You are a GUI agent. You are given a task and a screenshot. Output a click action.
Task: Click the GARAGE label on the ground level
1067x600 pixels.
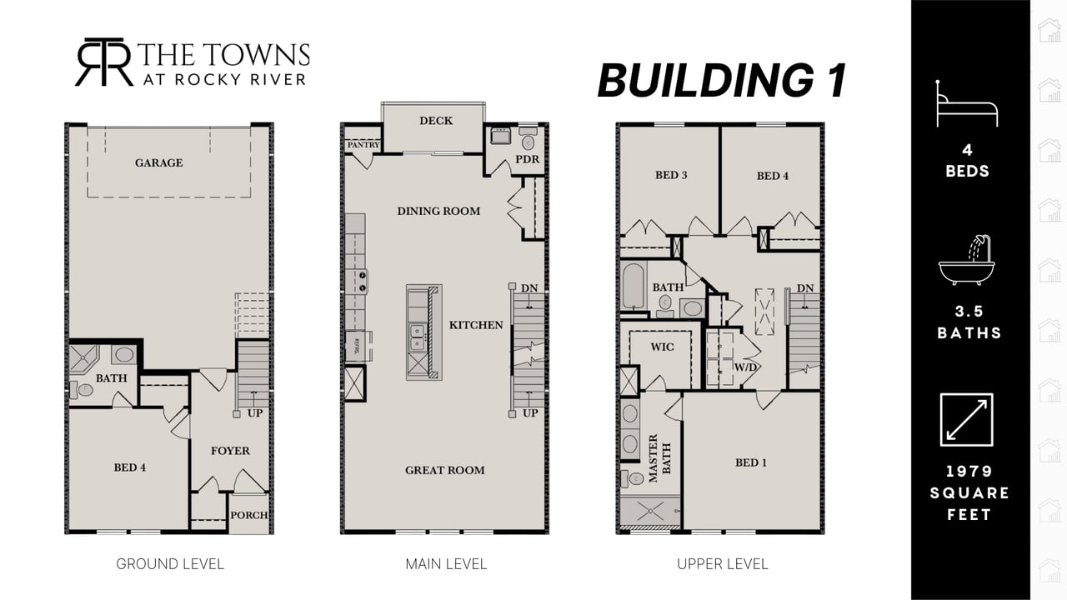(x=158, y=162)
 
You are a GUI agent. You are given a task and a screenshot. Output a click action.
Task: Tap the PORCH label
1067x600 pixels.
(x=248, y=515)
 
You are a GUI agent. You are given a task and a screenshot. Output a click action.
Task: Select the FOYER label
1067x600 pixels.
(x=230, y=451)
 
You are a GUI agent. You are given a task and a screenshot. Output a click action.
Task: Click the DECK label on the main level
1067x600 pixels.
(x=436, y=121)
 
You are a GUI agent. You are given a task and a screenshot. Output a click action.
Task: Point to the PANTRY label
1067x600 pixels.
(x=363, y=145)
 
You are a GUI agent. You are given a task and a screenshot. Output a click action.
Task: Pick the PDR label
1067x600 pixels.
(x=528, y=159)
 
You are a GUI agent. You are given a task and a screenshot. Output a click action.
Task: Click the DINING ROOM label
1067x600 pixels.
(x=438, y=211)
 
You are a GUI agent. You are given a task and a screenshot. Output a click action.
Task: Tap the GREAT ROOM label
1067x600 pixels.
(x=445, y=471)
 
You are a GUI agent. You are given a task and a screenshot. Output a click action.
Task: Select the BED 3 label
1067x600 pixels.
(x=671, y=175)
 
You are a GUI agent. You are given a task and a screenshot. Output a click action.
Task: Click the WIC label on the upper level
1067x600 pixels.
(x=662, y=347)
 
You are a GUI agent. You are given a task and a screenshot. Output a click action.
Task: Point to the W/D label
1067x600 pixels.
(x=745, y=367)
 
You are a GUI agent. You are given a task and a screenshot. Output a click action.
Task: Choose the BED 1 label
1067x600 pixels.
(x=751, y=462)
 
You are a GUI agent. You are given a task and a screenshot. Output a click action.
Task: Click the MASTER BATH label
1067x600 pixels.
(x=659, y=458)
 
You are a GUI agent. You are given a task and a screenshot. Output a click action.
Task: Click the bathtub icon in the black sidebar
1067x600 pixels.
(x=968, y=260)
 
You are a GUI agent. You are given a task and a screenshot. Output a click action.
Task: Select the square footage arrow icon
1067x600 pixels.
(x=966, y=419)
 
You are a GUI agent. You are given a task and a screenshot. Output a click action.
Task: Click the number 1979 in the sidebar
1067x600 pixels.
(x=969, y=472)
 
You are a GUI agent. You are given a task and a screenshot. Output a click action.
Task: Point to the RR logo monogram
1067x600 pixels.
(x=104, y=62)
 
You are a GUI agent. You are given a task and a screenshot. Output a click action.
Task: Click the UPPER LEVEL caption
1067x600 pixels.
(x=723, y=564)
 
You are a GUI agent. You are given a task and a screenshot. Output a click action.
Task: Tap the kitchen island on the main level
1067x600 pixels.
(x=424, y=332)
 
